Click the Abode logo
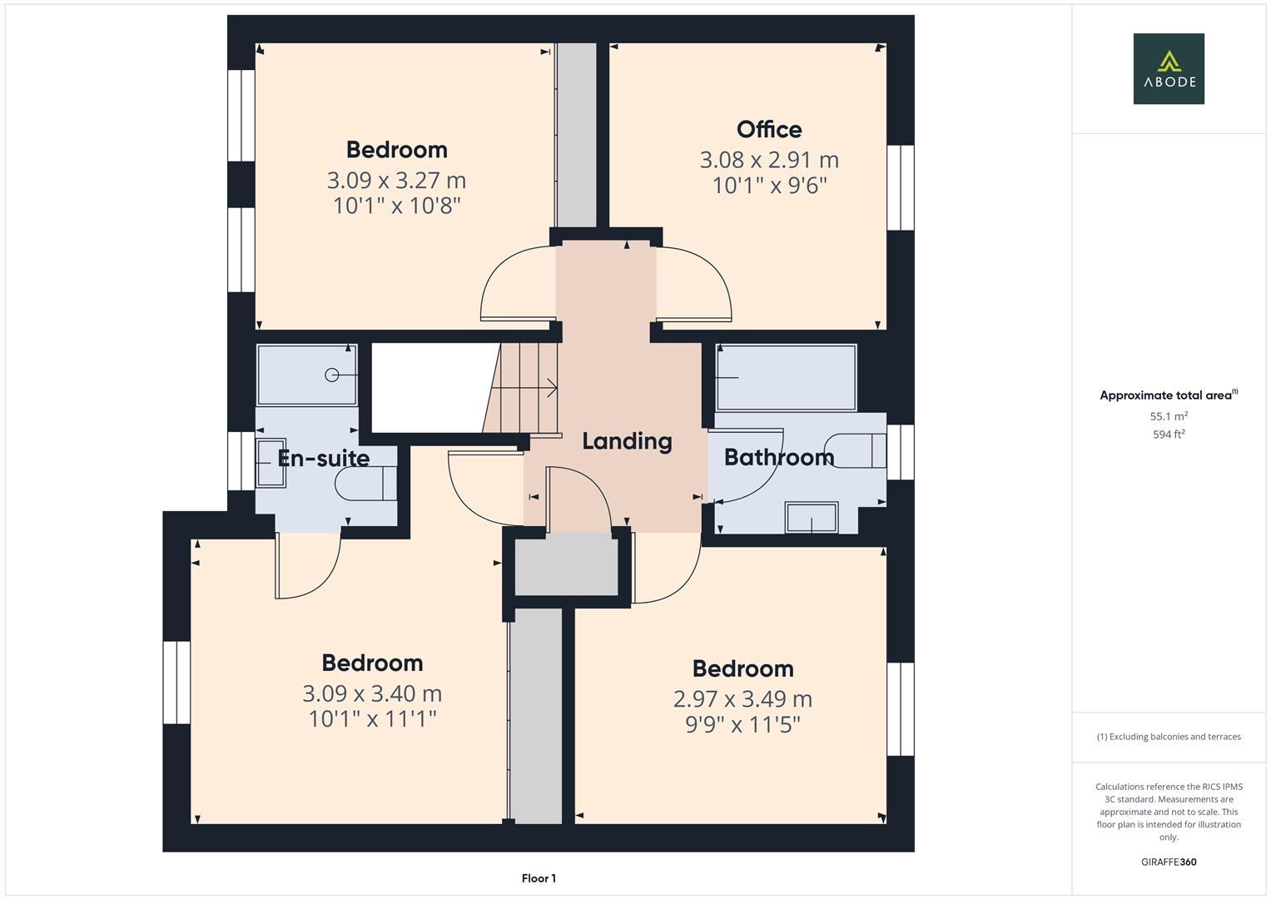click(1169, 68)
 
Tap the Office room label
click(769, 129)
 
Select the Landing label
click(627, 441)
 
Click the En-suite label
click(324, 458)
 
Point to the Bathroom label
click(779, 457)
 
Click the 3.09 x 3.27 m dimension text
click(396, 181)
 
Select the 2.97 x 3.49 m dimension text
click(742, 698)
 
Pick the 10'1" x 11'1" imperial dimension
click(372, 719)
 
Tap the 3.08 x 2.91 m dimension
click(769, 160)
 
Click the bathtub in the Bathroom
click(787, 377)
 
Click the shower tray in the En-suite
click(307, 375)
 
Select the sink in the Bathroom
click(812, 517)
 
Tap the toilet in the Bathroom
click(856, 450)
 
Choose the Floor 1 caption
click(539, 878)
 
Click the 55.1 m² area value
click(1169, 416)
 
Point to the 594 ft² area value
click(1169, 435)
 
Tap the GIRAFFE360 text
click(1169, 862)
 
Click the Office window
click(901, 188)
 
